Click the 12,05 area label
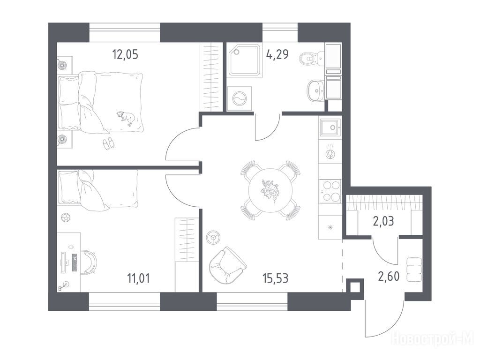click(x=125, y=54)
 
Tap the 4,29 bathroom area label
click(x=277, y=54)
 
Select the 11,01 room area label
click(x=138, y=278)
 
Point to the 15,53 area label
click(x=276, y=278)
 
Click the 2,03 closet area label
click(x=383, y=220)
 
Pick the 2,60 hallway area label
click(x=389, y=277)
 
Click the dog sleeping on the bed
click(x=126, y=118)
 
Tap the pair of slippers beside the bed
click(x=108, y=143)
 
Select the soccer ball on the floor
click(x=66, y=217)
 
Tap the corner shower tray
click(x=245, y=60)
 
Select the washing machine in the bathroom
click(x=239, y=98)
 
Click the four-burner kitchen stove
click(x=330, y=191)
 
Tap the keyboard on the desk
click(x=75, y=262)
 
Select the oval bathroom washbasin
click(x=315, y=90)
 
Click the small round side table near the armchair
click(x=213, y=237)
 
